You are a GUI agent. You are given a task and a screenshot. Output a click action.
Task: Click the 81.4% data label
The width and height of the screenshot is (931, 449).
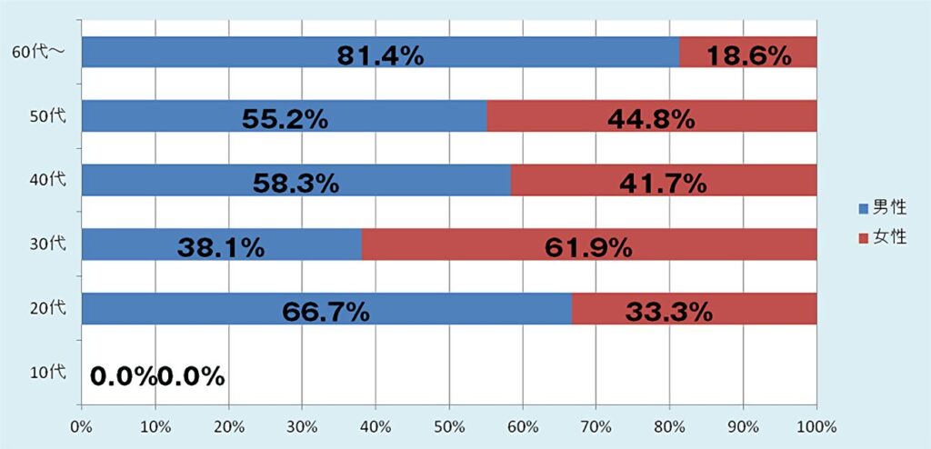(x=380, y=55)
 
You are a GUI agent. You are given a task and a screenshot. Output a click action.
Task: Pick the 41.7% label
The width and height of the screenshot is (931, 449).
(x=662, y=183)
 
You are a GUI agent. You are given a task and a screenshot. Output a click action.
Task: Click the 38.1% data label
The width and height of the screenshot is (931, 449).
(x=221, y=246)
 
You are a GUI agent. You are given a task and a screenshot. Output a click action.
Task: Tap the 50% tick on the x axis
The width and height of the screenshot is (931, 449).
(x=449, y=426)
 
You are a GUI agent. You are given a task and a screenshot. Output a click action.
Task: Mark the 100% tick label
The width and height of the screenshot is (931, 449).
(x=816, y=426)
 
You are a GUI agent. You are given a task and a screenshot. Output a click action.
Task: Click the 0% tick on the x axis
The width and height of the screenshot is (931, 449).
(x=81, y=426)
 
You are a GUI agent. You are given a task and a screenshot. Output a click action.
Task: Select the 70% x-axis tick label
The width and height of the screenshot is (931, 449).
(x=596, y=426)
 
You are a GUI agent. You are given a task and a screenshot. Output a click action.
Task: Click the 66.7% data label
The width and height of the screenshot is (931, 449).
(x=325, y=312)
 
